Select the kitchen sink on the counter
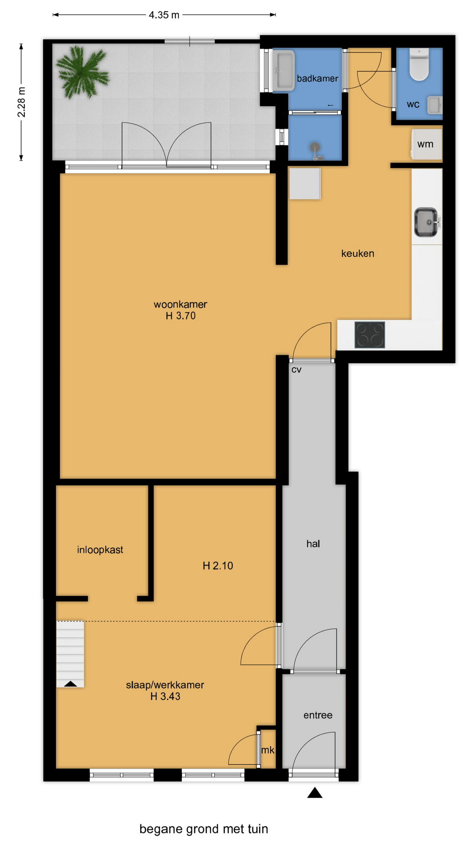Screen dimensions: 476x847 tap(427, 222)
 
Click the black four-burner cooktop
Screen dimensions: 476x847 tap(370, 335)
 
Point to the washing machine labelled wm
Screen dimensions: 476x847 tap(426, 144)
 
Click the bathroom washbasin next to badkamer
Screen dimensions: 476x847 tap(283, 71)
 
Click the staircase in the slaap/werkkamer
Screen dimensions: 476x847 tap(70, 654)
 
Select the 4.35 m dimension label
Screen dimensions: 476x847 tap(164, 15)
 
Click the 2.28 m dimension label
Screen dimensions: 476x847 tap(21, 102)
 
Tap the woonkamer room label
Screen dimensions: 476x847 tap(180, 304)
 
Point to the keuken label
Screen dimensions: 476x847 tap(357, 253)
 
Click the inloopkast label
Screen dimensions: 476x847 tap(100, 550)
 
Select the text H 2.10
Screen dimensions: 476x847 tap(218, 566)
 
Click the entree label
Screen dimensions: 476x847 tap(318, 715)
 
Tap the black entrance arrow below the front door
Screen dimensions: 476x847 tap(315, 793)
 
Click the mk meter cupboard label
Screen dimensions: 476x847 tap(268, 750)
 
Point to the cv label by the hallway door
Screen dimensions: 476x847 tap(296, 370)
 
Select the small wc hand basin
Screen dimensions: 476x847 tap(435, 105)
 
